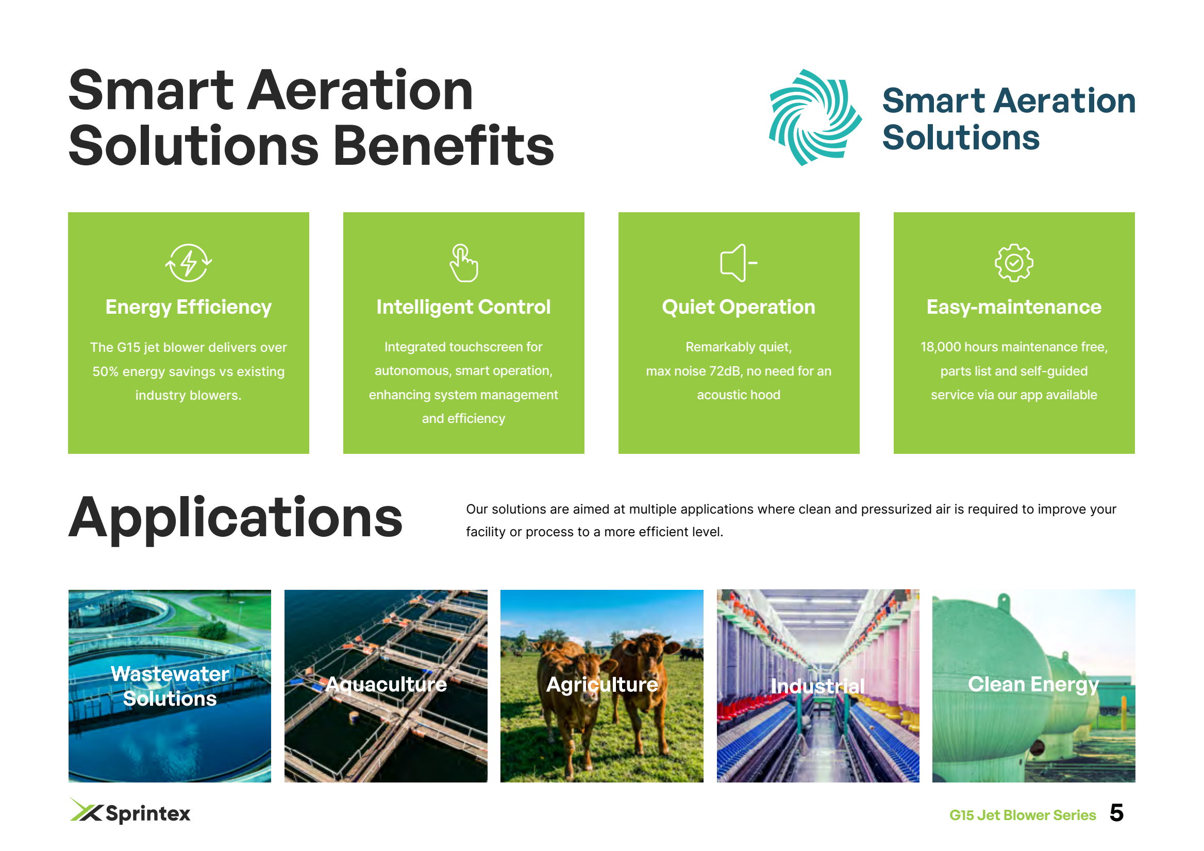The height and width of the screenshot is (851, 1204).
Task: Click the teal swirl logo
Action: click(x=814, y=117)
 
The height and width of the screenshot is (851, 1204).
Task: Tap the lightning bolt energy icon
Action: click(x=188, y=263)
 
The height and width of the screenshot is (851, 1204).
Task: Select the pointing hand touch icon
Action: click(x=463, y=263)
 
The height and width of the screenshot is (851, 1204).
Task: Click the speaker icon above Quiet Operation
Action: click(x=739, y=263)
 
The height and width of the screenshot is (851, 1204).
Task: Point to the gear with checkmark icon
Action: click(x=1014, y=263)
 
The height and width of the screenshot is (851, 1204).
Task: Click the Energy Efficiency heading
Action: click(x=188, y=307)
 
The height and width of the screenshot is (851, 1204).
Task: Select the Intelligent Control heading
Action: click(x=463, y=307)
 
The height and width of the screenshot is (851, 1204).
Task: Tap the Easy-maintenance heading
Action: click(x=1014, y=307)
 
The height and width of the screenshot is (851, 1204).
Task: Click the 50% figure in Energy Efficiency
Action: click(x=106, y=371)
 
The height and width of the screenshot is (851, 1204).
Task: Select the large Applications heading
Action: click(x=236, y=518)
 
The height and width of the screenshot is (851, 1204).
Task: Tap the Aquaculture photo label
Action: click(x=386, y=685)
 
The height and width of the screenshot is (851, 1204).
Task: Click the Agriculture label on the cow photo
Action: click(x=602, y=685)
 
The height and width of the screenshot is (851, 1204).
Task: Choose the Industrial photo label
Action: click(x=817, y=686)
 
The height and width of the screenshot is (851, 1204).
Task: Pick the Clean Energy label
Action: click(x=1033, y=685)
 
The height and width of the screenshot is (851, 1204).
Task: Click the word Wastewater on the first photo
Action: click(x=170, y=674)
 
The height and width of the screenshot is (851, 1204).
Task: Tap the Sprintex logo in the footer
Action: click(x=130, y=812)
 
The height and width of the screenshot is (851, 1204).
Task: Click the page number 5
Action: click(x=1116, y=813)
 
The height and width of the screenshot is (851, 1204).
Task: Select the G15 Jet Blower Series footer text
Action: click(x=1023, y=815)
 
